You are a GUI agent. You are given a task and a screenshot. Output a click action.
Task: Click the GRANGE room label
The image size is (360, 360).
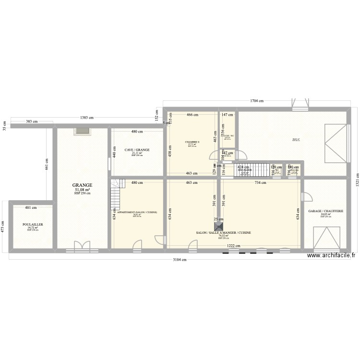click(82, 185)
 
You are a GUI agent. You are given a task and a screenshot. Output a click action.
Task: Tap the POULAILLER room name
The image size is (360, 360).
click(33, 224)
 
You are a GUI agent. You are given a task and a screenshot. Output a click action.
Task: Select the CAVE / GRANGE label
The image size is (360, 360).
click(137, 150)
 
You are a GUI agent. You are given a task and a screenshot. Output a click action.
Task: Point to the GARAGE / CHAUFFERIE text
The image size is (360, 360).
click(325, 211)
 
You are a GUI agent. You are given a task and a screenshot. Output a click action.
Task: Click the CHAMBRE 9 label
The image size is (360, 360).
click(192, 142)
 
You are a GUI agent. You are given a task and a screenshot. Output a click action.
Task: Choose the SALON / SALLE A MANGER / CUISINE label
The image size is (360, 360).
click(223, 232)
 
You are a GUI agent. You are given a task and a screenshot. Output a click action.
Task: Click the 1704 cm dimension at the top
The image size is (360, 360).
click(257, 101)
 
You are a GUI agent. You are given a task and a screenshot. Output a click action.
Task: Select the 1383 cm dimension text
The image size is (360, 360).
click(87, 118)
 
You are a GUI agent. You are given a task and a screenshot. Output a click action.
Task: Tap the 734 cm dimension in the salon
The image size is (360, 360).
click(261, 182)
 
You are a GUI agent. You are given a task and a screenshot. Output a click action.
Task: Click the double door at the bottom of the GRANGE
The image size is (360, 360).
click(81, 246)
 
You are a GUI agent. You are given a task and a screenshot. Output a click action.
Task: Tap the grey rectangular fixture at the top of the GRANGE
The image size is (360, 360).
click(81, 131)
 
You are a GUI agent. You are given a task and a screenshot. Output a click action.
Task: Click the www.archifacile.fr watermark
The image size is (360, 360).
click(331, 256)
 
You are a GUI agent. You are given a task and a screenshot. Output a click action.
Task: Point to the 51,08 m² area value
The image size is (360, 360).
click(82, 190)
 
